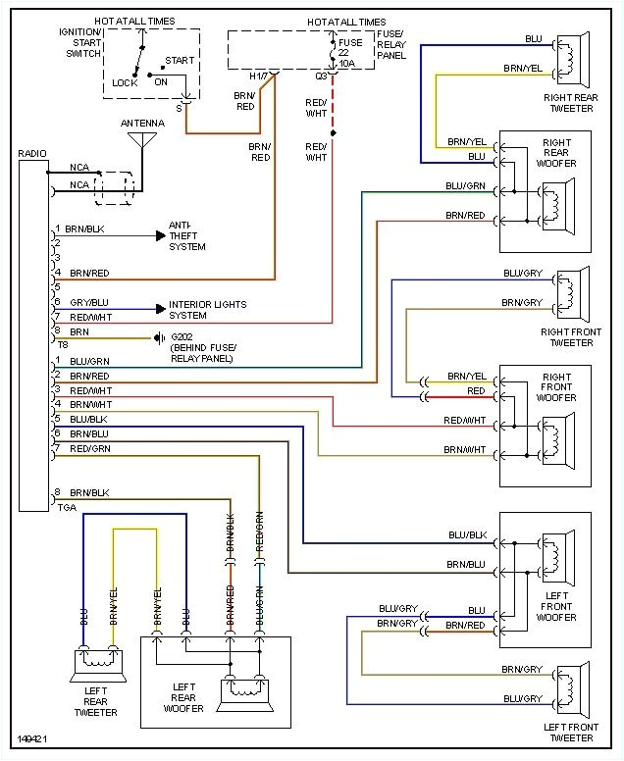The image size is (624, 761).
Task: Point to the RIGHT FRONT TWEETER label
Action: point(571,337)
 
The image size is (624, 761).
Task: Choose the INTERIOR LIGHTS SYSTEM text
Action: point(208,310)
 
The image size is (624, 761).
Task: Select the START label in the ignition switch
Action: point(180,60)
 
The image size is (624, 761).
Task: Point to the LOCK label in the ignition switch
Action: point(125,83)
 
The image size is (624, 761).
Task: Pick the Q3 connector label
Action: point(321,76)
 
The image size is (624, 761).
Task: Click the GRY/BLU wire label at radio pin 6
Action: point(90,302)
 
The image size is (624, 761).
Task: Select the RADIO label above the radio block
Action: point(31,153)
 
